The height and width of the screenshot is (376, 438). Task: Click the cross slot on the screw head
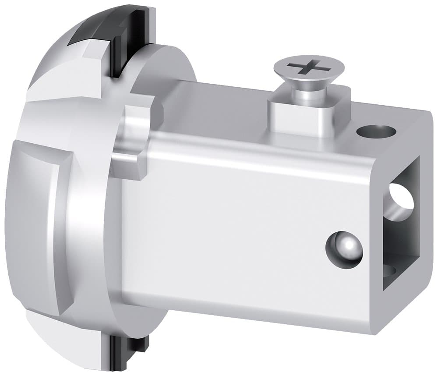coord(309,68)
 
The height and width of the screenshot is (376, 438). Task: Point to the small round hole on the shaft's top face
coord(376,131)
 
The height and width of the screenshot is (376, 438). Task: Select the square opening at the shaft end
coord(401,223)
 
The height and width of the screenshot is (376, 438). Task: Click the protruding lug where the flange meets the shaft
coord(134,140)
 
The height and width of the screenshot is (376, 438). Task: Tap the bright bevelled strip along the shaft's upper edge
coord(263,153)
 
